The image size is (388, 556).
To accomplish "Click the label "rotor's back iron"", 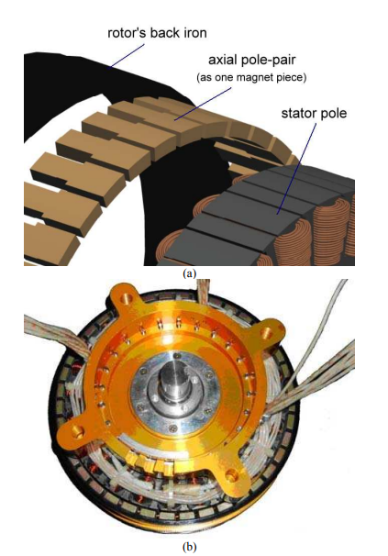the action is tap(157, 33).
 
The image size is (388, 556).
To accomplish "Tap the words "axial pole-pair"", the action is tap(252, 60).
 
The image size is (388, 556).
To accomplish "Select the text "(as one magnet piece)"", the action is tap(251, 77).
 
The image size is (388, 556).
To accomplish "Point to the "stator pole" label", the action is tap(314, 114).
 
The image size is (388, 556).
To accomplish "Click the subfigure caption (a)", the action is tap(189, 273).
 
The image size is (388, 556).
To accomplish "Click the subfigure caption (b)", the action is tap(189, 547).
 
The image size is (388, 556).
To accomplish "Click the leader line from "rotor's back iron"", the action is tap(127, 55).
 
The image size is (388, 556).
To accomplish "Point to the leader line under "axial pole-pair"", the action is tap(203, 104).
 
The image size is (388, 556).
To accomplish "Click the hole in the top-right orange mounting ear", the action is tap(267, 333).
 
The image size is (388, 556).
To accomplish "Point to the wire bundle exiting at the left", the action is tap(57, 337).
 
